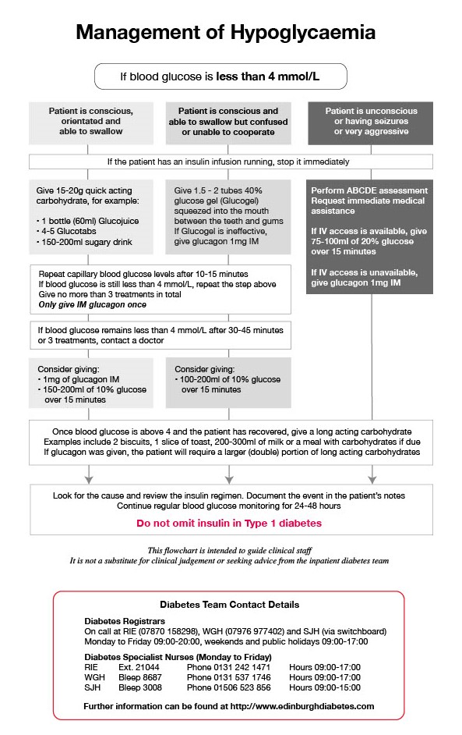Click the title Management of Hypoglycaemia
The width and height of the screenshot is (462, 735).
tap(226, 33)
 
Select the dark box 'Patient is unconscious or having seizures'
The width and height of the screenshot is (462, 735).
tap(370, 122)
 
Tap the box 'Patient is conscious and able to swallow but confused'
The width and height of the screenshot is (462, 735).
tap(228, 122)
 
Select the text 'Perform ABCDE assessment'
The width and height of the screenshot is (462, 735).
tap(369, 190)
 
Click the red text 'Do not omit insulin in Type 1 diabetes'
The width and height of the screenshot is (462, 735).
tap(228, 524)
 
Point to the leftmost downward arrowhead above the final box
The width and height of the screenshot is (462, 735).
tap(90, 478)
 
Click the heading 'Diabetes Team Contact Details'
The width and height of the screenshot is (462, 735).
tap(228, 605)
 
